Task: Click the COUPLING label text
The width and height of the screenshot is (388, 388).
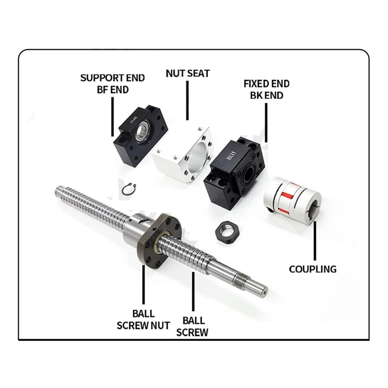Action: point(312,269)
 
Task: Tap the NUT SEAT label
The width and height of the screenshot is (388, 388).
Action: point(188,73)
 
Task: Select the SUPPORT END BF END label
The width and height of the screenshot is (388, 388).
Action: point(112,84)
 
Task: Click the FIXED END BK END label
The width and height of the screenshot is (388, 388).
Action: point(266,89)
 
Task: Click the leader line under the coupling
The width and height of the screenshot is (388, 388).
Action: point(315,241)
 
